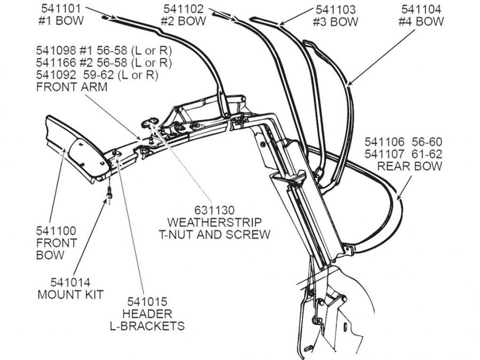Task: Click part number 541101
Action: tap(60, 10)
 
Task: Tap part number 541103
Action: tap(335, 10)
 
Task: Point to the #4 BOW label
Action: tap(421, 22)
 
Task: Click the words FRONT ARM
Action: tap(71, 87)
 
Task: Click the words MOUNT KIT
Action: tap(70, 294)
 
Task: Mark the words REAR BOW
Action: tap(410, 166)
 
